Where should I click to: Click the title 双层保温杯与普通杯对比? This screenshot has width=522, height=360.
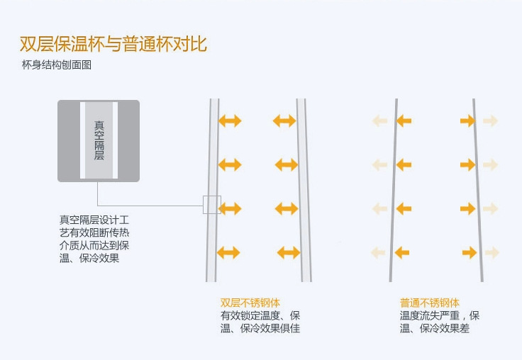(x=113, y=44)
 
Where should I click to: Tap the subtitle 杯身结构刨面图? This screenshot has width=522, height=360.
(x=57, y=66)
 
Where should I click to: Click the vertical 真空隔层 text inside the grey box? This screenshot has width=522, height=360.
(x=99, y=140)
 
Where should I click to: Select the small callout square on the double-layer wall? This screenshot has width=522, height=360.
(x=211, y=205)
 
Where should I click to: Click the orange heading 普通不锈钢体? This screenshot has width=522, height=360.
(x=429, y=303)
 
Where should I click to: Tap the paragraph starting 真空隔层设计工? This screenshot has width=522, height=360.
(x=94, y=239)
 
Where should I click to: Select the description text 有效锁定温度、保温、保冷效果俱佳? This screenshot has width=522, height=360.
(x=260, y=322)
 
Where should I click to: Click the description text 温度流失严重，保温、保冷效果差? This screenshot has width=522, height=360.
(x=440, y=322)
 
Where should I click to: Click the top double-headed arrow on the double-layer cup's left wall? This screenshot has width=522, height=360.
(x=230, y=121)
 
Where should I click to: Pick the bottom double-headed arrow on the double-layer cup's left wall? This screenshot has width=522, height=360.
(x=229, y=252)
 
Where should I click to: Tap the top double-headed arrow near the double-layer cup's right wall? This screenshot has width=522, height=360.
(x=284, y=121)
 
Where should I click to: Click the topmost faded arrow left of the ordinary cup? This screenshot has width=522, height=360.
(x=380, y=121)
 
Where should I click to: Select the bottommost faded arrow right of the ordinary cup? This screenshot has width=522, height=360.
(x=492, y=252)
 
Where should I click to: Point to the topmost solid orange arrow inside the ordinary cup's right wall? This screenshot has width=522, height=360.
(x=467, y=121)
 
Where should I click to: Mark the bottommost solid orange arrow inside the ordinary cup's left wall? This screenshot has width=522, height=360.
(x=401, y=252)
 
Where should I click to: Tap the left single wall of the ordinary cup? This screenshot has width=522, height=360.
(x=393, y=191)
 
